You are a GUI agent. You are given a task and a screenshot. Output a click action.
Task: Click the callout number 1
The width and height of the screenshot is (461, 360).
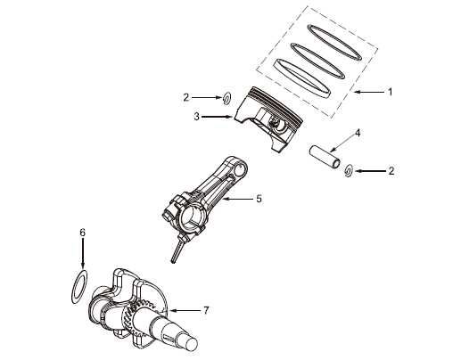(391, 92)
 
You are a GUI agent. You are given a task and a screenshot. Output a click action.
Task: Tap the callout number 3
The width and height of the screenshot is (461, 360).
(196, 117)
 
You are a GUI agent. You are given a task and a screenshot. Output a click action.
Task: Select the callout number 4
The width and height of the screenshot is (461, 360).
(358, 133)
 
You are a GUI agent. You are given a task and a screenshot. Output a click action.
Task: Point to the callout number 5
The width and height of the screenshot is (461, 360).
(259, 199)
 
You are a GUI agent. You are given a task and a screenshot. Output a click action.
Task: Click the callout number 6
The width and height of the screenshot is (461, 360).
(82, 233)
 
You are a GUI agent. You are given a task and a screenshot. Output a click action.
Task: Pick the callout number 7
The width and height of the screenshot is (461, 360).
(206, 310)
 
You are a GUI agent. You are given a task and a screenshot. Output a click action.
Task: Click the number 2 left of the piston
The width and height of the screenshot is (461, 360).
(186, 97)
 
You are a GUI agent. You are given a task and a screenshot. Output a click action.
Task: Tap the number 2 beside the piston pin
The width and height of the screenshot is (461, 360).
(391, 171)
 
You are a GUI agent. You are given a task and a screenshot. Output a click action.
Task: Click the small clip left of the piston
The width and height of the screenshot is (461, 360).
(226, 98)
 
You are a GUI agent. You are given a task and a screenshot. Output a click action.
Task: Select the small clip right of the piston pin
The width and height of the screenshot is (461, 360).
(349, 171)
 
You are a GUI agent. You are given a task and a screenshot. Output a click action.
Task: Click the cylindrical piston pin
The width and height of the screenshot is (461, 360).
(325, 156)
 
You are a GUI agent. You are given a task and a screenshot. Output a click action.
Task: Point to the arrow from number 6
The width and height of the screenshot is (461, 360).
(82, 253)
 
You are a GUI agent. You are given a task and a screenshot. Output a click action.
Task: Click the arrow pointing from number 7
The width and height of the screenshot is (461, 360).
(185, 311)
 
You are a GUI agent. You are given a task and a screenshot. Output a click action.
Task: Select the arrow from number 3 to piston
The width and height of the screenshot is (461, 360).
(217, 117)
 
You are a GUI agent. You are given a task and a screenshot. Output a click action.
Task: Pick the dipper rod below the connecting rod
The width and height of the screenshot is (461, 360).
(177, 250)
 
